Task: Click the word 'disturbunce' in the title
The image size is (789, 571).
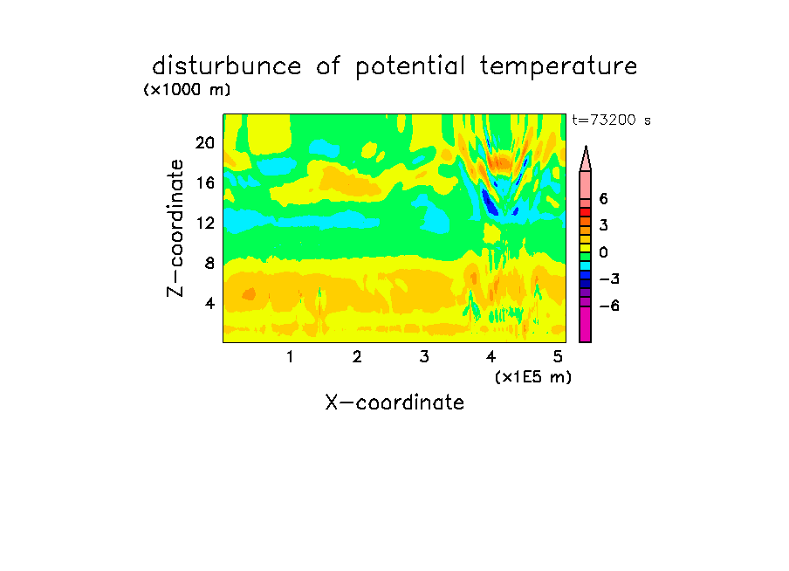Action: click(226, 66)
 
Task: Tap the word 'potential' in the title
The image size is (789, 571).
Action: click(410, 67)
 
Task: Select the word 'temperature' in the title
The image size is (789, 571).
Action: click(559, 67)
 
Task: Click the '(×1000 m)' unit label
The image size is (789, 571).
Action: click(187, 90)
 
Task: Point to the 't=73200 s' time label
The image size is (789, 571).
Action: click(611, 120)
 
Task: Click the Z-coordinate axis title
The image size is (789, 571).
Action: click(175, 228)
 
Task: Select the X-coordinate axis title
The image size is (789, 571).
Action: click(394, 402)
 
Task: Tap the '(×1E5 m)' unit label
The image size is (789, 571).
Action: click(533, 377)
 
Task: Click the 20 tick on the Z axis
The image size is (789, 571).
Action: click(205, 143)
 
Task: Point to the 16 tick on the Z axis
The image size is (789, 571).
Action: click(205, 182)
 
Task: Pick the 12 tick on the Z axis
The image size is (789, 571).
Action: click(205, 223)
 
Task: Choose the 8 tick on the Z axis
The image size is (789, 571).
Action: click(209, 263)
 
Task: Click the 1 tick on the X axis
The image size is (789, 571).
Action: click(290, 357)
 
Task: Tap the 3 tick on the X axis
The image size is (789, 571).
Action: click(424, 357)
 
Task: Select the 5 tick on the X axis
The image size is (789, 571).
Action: click(558, 357)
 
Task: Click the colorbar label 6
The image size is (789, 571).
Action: click(603, 199)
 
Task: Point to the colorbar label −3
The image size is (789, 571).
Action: click(609, 279)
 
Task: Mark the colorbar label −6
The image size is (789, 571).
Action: click(609, 306)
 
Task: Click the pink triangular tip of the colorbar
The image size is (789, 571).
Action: click(586, 160)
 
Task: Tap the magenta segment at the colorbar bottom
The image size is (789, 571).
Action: click(586, 324)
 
